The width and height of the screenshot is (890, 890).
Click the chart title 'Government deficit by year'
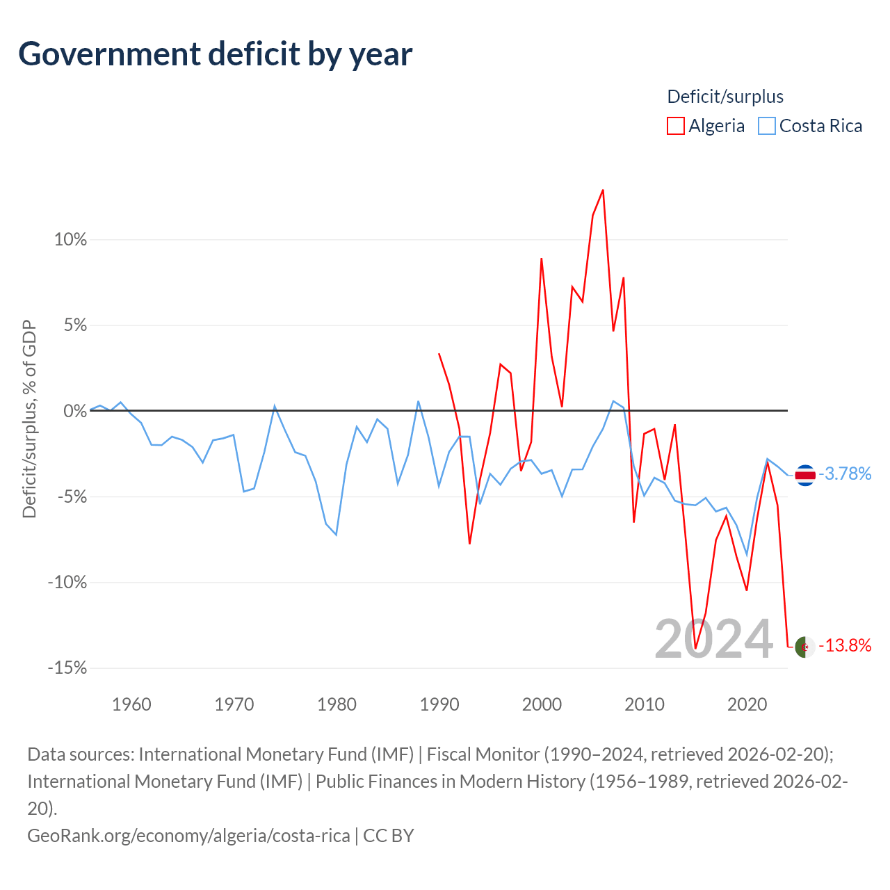tap(215, 55)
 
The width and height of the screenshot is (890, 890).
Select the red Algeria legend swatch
tap(675, 126)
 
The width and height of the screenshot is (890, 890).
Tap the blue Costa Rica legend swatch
tap(767, 126)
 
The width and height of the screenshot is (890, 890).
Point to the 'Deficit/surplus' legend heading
tap(725, 97)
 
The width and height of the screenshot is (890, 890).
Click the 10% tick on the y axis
tap(70, 240)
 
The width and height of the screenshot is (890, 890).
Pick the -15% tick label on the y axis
tap(67, 667)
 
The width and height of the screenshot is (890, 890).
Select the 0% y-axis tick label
tap(75, 411)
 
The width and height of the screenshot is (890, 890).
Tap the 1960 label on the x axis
tap(131, 704)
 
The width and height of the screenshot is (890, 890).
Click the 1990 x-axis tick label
tap(439, 704)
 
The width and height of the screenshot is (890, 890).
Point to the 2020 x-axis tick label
tap(747, 704)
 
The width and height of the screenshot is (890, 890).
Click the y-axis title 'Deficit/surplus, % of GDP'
tap(29, 419)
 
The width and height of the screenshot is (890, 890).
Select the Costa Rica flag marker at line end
tap(805, 475)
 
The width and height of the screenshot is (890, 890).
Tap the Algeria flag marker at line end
tap(805, 647)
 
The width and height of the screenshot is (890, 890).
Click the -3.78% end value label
tap(845, 474)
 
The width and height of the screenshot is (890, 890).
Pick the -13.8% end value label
tap(845, 645)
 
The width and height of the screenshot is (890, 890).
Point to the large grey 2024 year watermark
tap(713, 640)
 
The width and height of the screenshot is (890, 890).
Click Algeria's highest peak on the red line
tap(603, 191)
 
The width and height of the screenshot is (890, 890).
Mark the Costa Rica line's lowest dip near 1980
tap(337, 535)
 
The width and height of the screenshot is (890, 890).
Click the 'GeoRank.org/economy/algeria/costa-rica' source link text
tap(188, 836)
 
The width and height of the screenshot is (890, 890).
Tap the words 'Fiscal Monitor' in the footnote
tap(483, 754)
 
